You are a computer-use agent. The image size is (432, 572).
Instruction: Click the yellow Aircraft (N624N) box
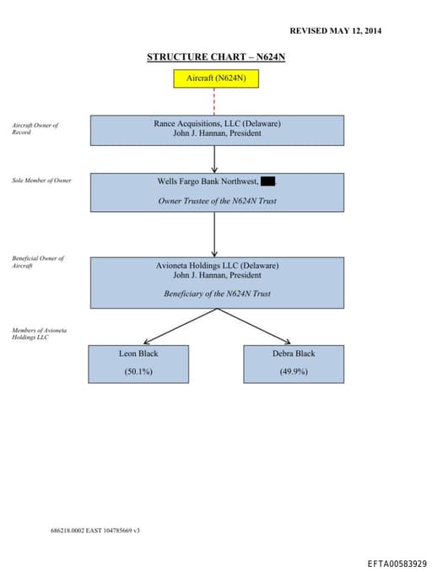pyautogui.click(x=215, y=78)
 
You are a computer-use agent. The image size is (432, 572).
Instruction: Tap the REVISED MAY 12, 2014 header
pyautogui.click(x=336, y=30)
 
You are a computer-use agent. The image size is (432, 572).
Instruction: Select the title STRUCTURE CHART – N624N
pyautogui.click(x=222, y=57)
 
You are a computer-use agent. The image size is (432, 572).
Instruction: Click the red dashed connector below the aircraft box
pyautogui.click(x=215, y=101)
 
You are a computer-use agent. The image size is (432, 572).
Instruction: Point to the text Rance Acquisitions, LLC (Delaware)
pyautogui.click(x=217, y=123)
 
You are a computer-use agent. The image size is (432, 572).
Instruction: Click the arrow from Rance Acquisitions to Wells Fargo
pyautogui.click(x=215, y=159)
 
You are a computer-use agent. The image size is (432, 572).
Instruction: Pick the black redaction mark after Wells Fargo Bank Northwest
pyautogui.click(x=267, y=181)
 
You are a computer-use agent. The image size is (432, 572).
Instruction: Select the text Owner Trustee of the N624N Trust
pyautogui.click(x=217, y=201)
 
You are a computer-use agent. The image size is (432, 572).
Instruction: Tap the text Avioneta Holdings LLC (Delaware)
pyautogui.click(x=217, y=265)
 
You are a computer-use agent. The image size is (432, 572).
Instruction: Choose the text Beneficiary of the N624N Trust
pyautogui.click(x=217, y=294)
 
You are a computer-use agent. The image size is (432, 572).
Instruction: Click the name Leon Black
pyautogui.click(x=138, y=353)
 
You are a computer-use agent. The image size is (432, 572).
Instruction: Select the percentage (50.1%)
pyautogui.click(x=138, y=371)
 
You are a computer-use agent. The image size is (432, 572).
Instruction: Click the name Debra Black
pyautogui.click(x=294, y=353)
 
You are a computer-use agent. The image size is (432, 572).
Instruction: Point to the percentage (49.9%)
pyautogui.click(x=294, y=371)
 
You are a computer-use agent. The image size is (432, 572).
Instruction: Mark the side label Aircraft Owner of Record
pyautogui.click(x=35, y=128)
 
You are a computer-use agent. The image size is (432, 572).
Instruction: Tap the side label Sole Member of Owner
pyautogui.click(x=41, y=181)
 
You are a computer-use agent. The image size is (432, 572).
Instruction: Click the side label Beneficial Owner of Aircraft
pyautogui.click(x=37, y=262)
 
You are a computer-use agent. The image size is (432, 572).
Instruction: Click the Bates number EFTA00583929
pyautogui.click(x=397, y=563)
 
